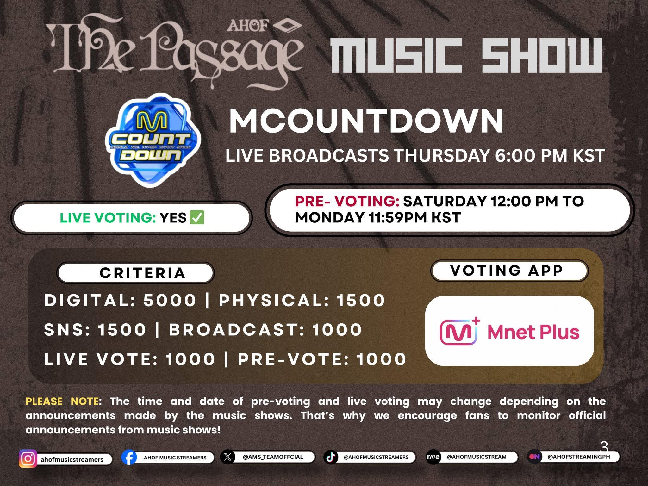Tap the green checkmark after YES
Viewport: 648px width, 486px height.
[x=196, y=217]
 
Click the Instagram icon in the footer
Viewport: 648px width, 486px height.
[x=28, y=458]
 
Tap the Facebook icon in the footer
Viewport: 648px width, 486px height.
[x=129, y=458]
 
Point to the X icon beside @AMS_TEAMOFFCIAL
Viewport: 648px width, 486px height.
[x=227, y=457]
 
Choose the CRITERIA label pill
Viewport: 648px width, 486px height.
[x=135, y=273]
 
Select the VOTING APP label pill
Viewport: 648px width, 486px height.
[x=509, y=271]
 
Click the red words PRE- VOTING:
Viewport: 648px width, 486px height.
[x=347, y=201]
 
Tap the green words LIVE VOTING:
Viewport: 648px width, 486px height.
[x=108, y=218]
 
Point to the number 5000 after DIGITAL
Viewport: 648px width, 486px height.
[x=170, y=300]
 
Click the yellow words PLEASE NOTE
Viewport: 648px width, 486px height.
[x=62, y=401]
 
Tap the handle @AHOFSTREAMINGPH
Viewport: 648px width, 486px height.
[x=579, y=457]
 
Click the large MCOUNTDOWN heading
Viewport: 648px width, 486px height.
[x=366, y=121]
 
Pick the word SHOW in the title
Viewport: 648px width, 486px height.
[x=542, y=55]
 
